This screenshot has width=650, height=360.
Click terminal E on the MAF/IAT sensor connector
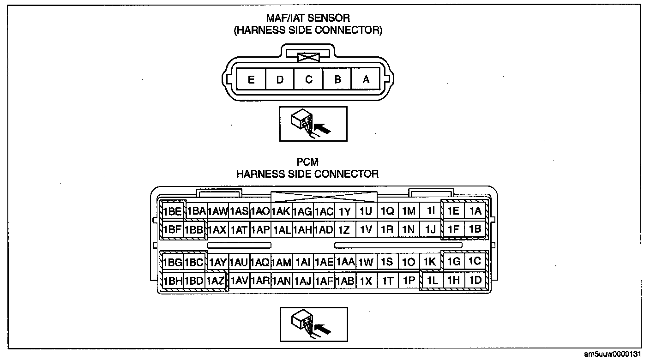251,79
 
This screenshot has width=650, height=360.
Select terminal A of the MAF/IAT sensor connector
366,79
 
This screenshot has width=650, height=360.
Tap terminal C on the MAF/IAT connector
309,79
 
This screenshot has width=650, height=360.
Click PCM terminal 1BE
172,211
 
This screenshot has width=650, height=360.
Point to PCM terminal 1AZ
216,280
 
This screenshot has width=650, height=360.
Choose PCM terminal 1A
475,211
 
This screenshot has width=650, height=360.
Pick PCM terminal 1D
475,280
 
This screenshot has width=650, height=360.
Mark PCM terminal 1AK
281,211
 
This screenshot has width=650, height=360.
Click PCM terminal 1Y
344,211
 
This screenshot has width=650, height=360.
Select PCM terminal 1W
366,262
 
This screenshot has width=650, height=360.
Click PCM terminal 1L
432,280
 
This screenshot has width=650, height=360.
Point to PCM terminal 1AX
217,229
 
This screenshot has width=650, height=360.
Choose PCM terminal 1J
430,229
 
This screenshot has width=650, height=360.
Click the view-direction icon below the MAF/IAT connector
313,124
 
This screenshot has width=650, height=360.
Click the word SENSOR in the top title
329,18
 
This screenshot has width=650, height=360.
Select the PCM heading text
307,162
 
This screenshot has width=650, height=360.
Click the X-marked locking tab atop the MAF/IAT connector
309,58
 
